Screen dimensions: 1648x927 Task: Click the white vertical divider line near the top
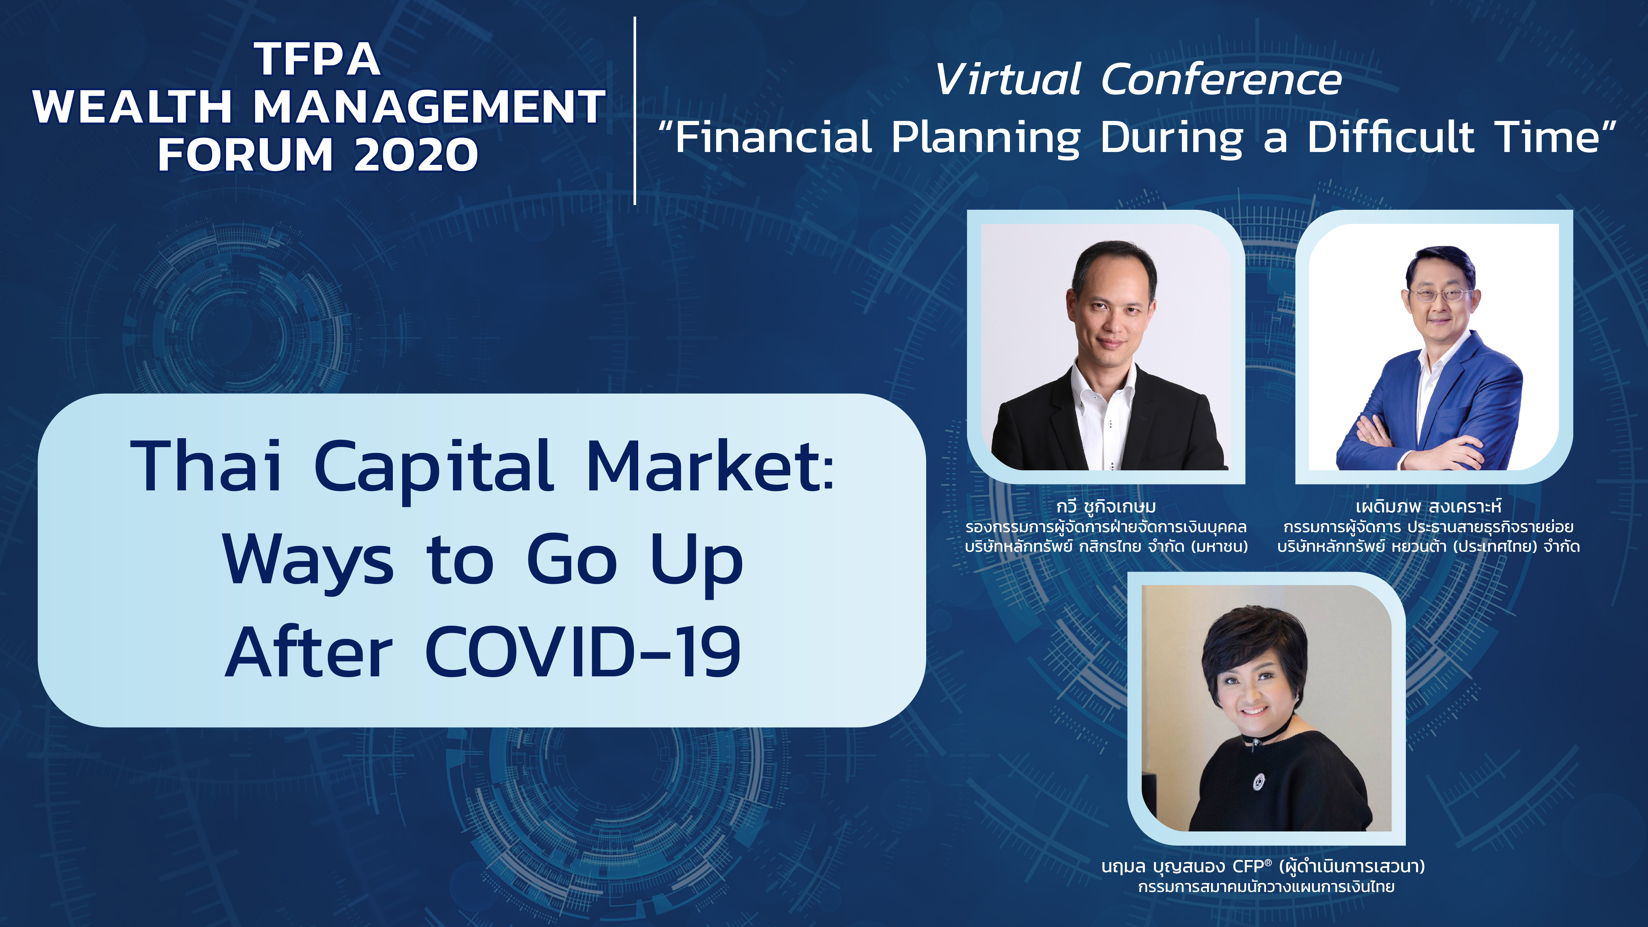pos(635,111)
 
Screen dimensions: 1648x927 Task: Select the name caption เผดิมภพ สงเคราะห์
pos(1428,507)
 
